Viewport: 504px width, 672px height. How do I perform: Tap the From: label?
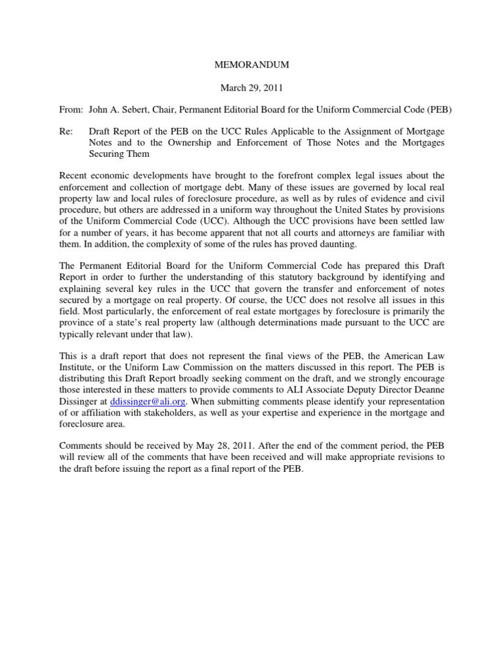coord(70,111)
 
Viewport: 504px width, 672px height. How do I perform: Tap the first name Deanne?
coord(427,388)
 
